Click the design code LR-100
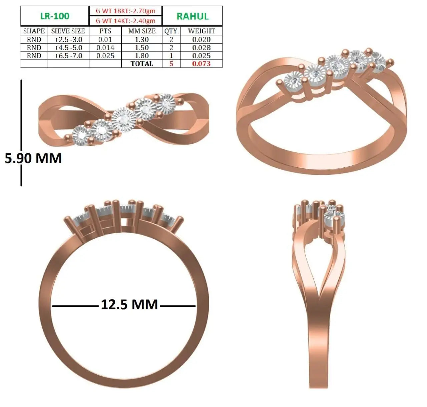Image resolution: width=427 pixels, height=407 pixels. (55, 16)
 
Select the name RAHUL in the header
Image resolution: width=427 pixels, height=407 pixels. (192, 17)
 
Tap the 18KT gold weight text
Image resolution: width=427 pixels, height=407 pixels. (125, 11)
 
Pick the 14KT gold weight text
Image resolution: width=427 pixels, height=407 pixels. (125, 21)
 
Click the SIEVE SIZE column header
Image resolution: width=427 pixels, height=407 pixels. (68, 31)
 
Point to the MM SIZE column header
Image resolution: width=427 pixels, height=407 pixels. (142, 31)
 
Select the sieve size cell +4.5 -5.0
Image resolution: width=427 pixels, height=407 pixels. (68, 48)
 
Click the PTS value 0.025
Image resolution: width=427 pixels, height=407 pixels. (105, 56)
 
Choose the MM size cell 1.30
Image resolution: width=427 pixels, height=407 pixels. (142, 40)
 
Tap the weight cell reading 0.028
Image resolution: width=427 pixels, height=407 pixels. (201, 48)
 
